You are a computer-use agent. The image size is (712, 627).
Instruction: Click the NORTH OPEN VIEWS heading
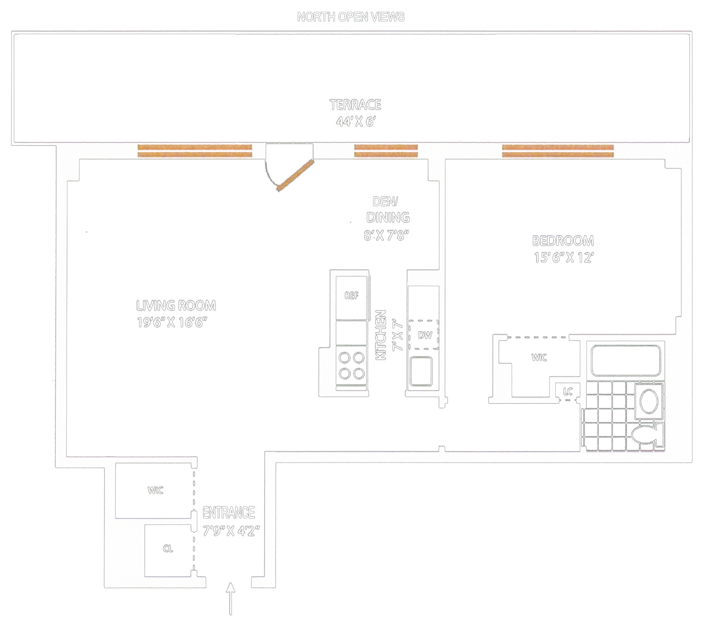(x=351, y=17)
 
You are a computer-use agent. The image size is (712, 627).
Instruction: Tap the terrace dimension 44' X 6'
(x=355, y=122)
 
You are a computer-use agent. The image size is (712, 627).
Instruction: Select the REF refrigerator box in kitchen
(x=352, y=297)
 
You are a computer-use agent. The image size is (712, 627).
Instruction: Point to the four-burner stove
(x=352, y=366)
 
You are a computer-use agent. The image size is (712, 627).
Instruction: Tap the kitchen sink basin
(x=421, y=371)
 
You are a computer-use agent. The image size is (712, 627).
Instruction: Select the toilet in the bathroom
(x=646, y=436)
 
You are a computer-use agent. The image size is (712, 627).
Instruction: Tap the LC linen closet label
(x=568, y=392)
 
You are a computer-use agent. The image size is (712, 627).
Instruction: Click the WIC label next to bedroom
(x=539, y=358)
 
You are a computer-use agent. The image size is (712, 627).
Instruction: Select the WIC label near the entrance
(x=155, y=490)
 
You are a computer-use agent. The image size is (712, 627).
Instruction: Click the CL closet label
(x=168, y=549)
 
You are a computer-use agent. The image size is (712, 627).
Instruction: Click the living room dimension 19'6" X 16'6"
(x=172, y=322)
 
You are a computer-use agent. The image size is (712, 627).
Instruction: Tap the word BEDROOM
(x=563, y=241)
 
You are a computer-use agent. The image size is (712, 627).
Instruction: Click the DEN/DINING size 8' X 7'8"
(x=386, y=236)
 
